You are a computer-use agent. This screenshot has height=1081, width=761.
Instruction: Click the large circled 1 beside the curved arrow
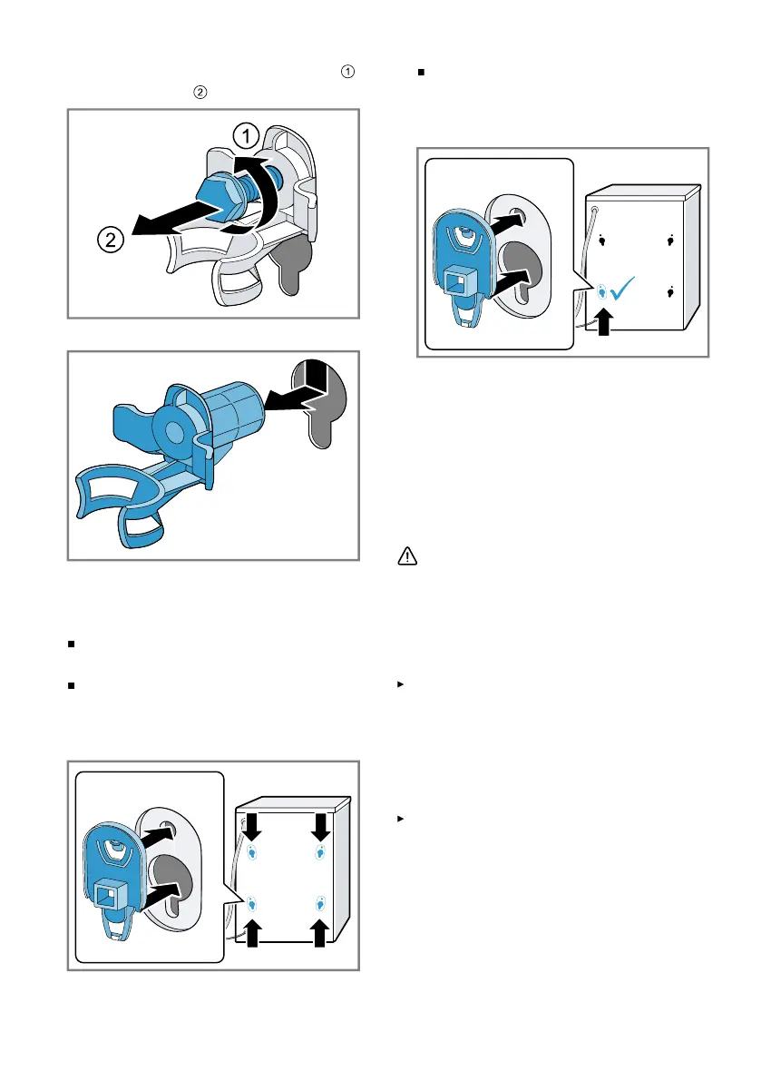246,136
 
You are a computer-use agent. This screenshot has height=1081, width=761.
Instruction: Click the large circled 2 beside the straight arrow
110,240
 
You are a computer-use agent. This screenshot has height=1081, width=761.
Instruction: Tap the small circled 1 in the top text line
347,72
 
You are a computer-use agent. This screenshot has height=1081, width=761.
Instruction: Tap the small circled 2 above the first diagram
200,93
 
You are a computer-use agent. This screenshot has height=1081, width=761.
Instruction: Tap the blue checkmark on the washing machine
622,288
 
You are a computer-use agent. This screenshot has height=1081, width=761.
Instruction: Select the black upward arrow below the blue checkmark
604,321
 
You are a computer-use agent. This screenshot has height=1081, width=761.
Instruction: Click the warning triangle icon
407,555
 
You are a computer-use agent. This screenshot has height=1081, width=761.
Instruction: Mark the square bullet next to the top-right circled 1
422,73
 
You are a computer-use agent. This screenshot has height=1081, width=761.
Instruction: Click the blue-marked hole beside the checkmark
602,292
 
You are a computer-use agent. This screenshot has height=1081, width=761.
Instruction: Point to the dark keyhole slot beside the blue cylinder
319,403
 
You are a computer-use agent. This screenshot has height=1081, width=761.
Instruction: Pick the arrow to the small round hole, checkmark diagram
508,222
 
